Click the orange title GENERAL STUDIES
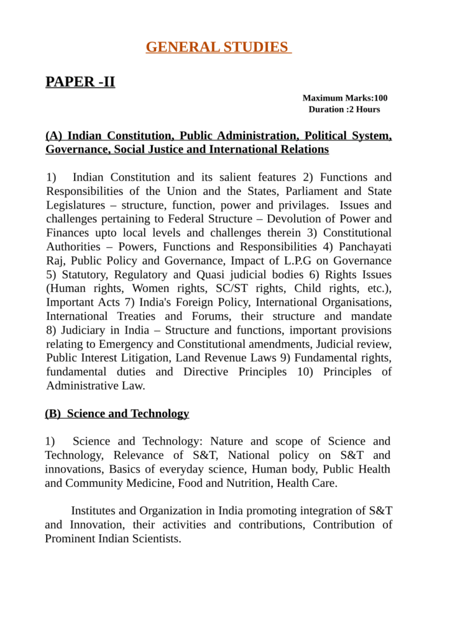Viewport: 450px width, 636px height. (218, 47)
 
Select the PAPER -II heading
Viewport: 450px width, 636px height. (80, 81)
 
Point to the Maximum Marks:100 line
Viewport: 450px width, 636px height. (345, 98)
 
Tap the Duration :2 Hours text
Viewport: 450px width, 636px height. (344, 109)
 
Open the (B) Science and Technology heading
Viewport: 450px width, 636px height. (117, 414)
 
